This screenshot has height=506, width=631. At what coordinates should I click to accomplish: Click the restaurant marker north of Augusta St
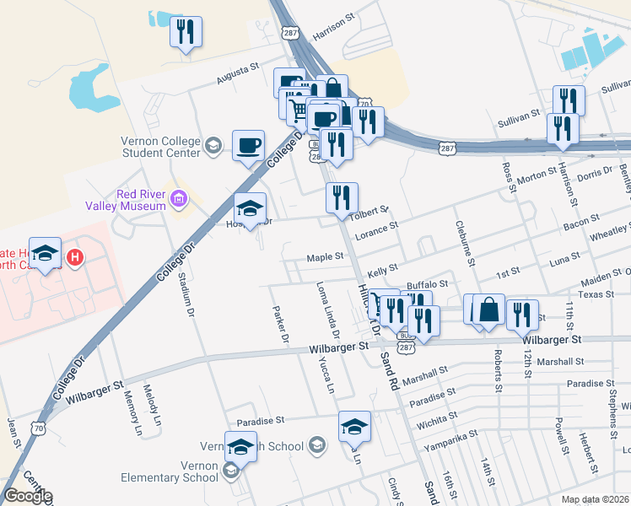pos(186,33)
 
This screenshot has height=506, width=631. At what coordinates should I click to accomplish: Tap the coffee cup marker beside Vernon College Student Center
pos(248,145)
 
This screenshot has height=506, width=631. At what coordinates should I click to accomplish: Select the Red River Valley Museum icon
pos(178,200)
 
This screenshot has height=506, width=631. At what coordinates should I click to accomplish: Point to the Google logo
pos(28,496)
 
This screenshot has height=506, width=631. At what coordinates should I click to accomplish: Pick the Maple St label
pos(326,256)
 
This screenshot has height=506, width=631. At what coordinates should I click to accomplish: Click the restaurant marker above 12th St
pos(522,315)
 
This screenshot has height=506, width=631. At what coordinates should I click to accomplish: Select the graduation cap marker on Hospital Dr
pos(250,208)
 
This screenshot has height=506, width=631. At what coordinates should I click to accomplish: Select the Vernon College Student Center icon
pos(214,147)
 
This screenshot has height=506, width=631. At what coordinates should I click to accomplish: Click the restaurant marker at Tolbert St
pos(342,198)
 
